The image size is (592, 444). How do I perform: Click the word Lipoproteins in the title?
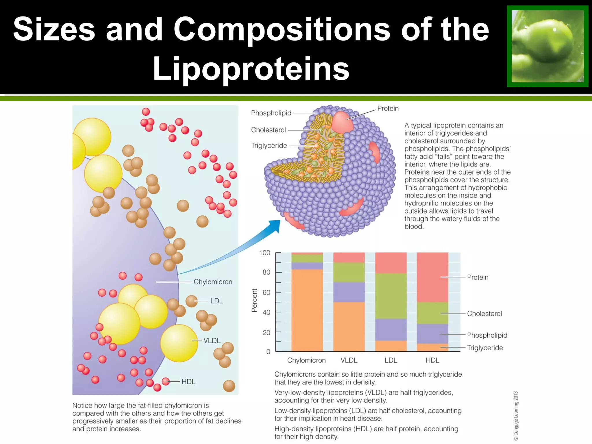tap(251, 69)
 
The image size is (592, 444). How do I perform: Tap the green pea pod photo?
tap(547, 46)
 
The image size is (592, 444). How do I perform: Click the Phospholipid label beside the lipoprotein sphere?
tap(271, 113)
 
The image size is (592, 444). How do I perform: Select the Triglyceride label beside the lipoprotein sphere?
tap(269, 146)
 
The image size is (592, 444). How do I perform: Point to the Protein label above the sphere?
tap(388, 108)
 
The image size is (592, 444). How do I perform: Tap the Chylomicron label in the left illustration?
tap(213, 282)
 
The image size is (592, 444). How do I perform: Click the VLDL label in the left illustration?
tap(212, 341)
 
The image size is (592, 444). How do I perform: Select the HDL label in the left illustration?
tap(188, 382)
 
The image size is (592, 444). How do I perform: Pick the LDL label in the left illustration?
tap(217, 301)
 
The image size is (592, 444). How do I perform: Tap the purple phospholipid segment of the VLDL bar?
tap(349, 292)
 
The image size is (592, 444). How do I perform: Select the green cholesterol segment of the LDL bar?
tap(391, 296)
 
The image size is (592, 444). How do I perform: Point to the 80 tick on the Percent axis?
tap(266, 272)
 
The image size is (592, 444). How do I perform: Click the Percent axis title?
tap(254, 300)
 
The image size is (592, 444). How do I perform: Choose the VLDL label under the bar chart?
tap(349, 360)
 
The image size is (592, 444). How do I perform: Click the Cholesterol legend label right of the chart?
tap(484, 314)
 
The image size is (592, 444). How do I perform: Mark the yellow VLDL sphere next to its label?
tap(179, 343)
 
